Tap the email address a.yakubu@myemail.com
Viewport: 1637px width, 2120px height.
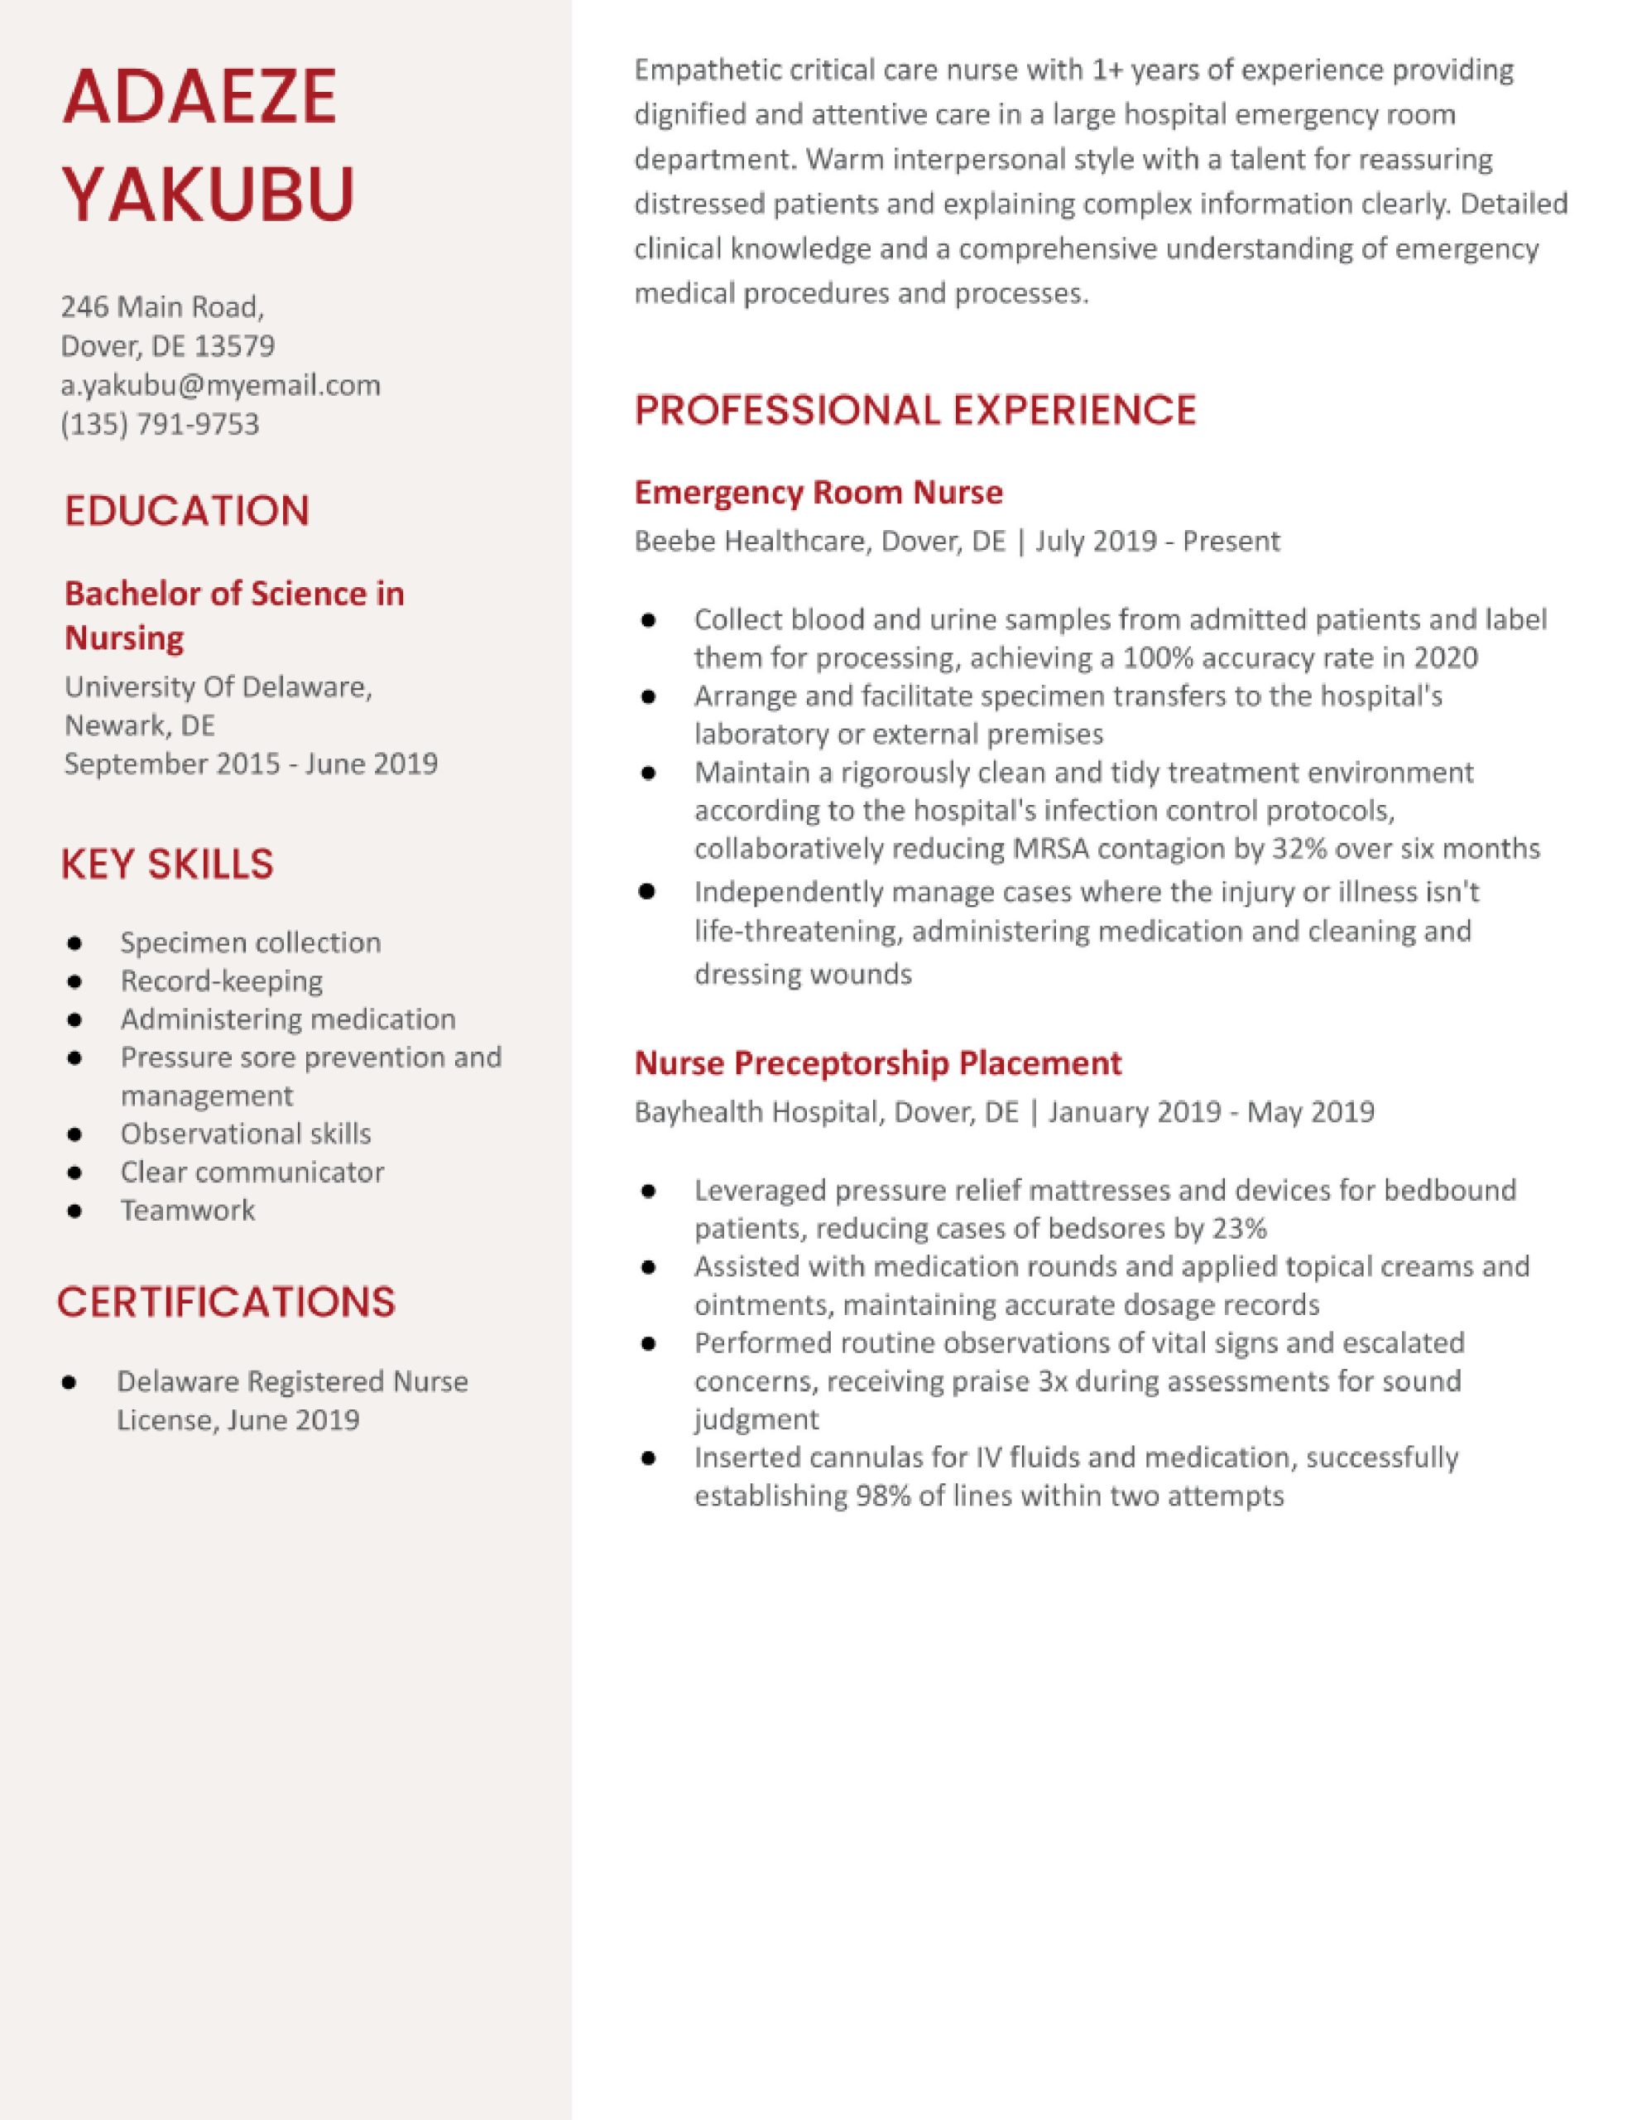tap(220, 385)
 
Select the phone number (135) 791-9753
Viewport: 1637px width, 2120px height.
tap(160, 424)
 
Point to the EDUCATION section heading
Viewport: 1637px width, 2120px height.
tap(186, 512)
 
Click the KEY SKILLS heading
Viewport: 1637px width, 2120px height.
tap(167, 864)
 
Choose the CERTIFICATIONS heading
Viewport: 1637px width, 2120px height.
tap(226, 1303)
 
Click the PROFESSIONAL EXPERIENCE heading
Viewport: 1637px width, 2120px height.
tap(915, 411)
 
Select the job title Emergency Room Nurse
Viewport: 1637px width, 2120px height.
tap(818, 492)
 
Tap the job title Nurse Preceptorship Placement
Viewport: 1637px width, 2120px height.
tap(877, 1063)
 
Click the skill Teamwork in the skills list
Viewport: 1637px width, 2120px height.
tap(187, 1211)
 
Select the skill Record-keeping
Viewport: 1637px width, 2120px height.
tap(221, 981)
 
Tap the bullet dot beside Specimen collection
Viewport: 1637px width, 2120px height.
tap(74, 943)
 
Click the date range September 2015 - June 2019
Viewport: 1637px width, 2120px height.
tap(251, 764)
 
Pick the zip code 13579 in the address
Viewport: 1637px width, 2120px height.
tap(234, 346)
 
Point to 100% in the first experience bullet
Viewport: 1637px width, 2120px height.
tap(1155, 658)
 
